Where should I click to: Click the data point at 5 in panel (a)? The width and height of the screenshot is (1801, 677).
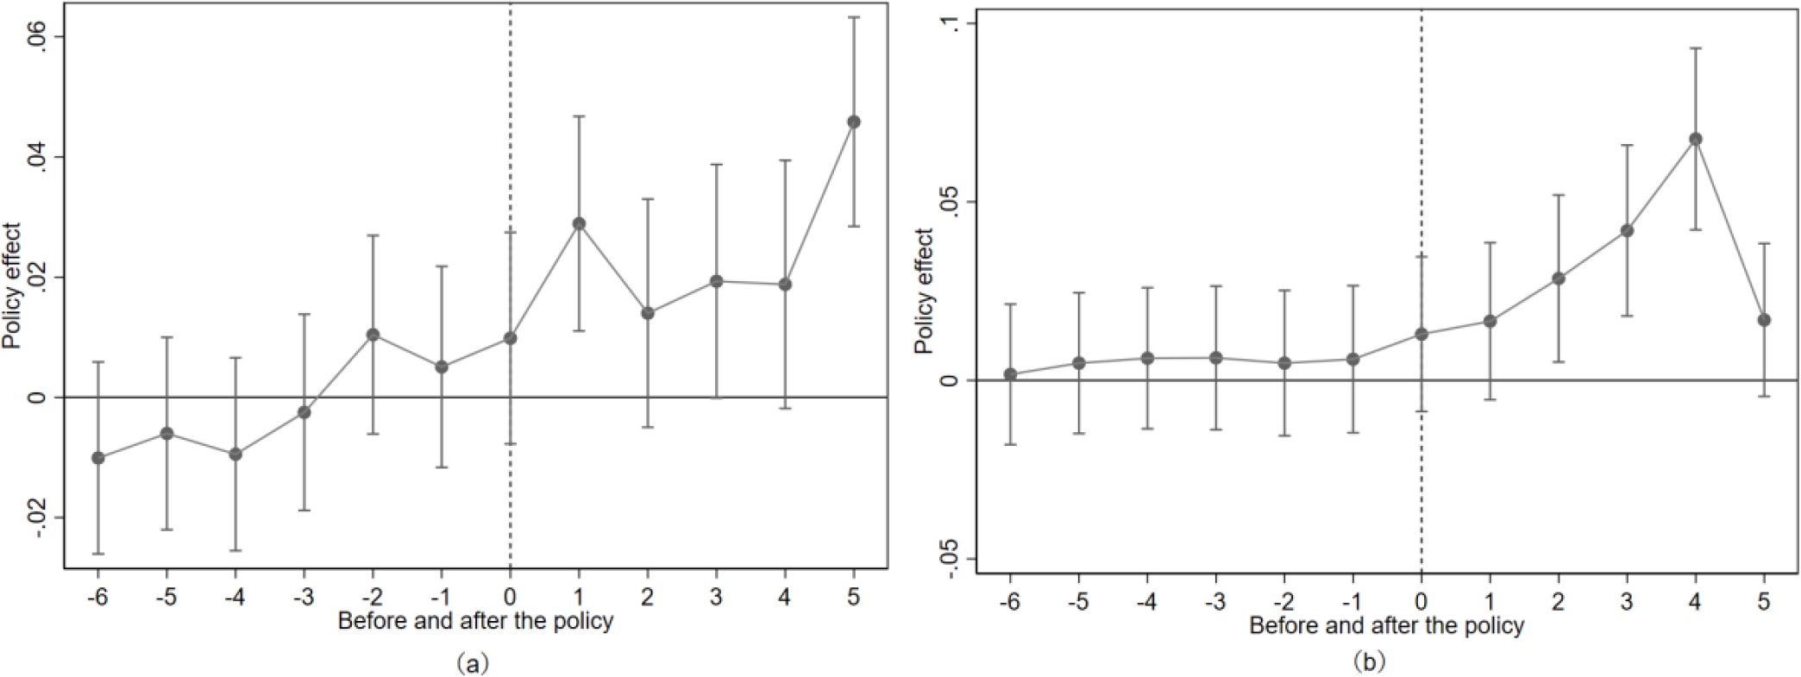[x=853, y=122]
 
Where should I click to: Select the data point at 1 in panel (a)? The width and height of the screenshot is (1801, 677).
[x=579, y=223]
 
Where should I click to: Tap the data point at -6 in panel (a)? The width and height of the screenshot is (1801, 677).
[x=98, y=457]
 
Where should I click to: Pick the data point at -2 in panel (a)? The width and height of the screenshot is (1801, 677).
[x=373, y=334]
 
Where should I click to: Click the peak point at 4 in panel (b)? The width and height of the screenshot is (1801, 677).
[x=1695, y=139]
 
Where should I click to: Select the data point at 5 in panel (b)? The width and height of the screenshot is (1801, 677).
[x=1764, y=320]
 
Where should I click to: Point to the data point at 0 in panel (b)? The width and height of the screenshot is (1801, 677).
[x=1421, y=334]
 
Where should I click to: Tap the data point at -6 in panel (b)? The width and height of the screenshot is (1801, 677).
[x=1010, y=374]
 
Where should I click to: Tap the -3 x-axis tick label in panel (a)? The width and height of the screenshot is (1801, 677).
[x=304, y=598]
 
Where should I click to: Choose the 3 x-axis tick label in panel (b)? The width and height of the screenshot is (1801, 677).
[x=1627, y=602]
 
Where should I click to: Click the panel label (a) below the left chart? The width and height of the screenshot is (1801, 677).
[x=474, y=662]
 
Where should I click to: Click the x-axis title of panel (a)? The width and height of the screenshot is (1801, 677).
[x=475, y=621]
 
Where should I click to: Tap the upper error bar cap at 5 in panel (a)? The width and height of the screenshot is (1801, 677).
[x=853, y=17]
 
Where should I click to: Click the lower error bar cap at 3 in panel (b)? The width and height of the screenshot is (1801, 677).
[x=1627, y=316]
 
